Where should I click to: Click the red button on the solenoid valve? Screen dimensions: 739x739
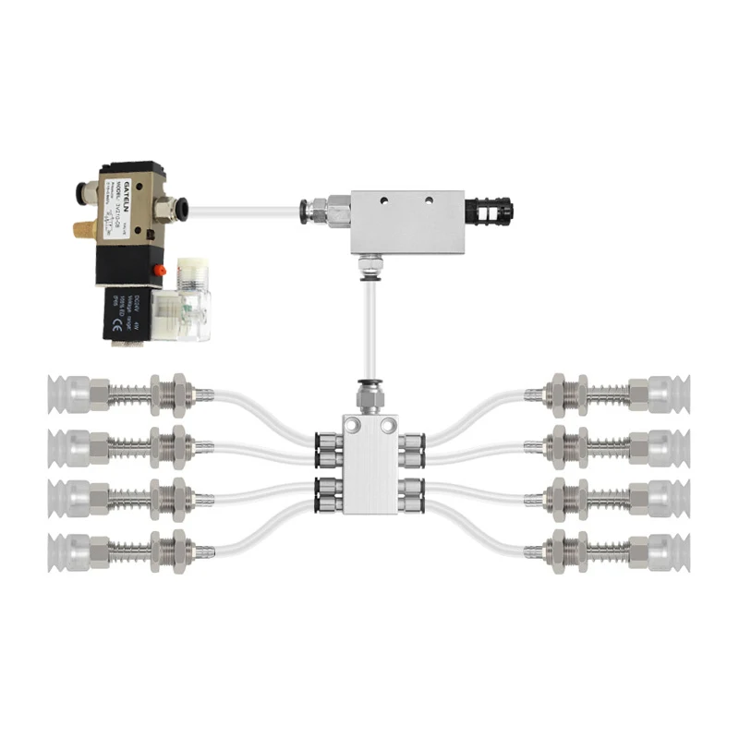[158, 270]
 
